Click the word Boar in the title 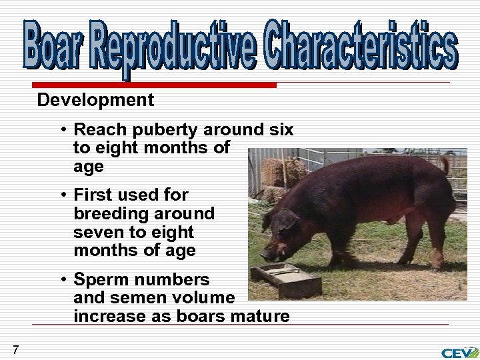coord(55,45)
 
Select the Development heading coord(95,100)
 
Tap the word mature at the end coord(260,316)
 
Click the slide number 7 coord(15,349)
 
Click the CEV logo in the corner coord(459,353)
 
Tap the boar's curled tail coord(444,163)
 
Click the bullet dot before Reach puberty coord(61,129)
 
